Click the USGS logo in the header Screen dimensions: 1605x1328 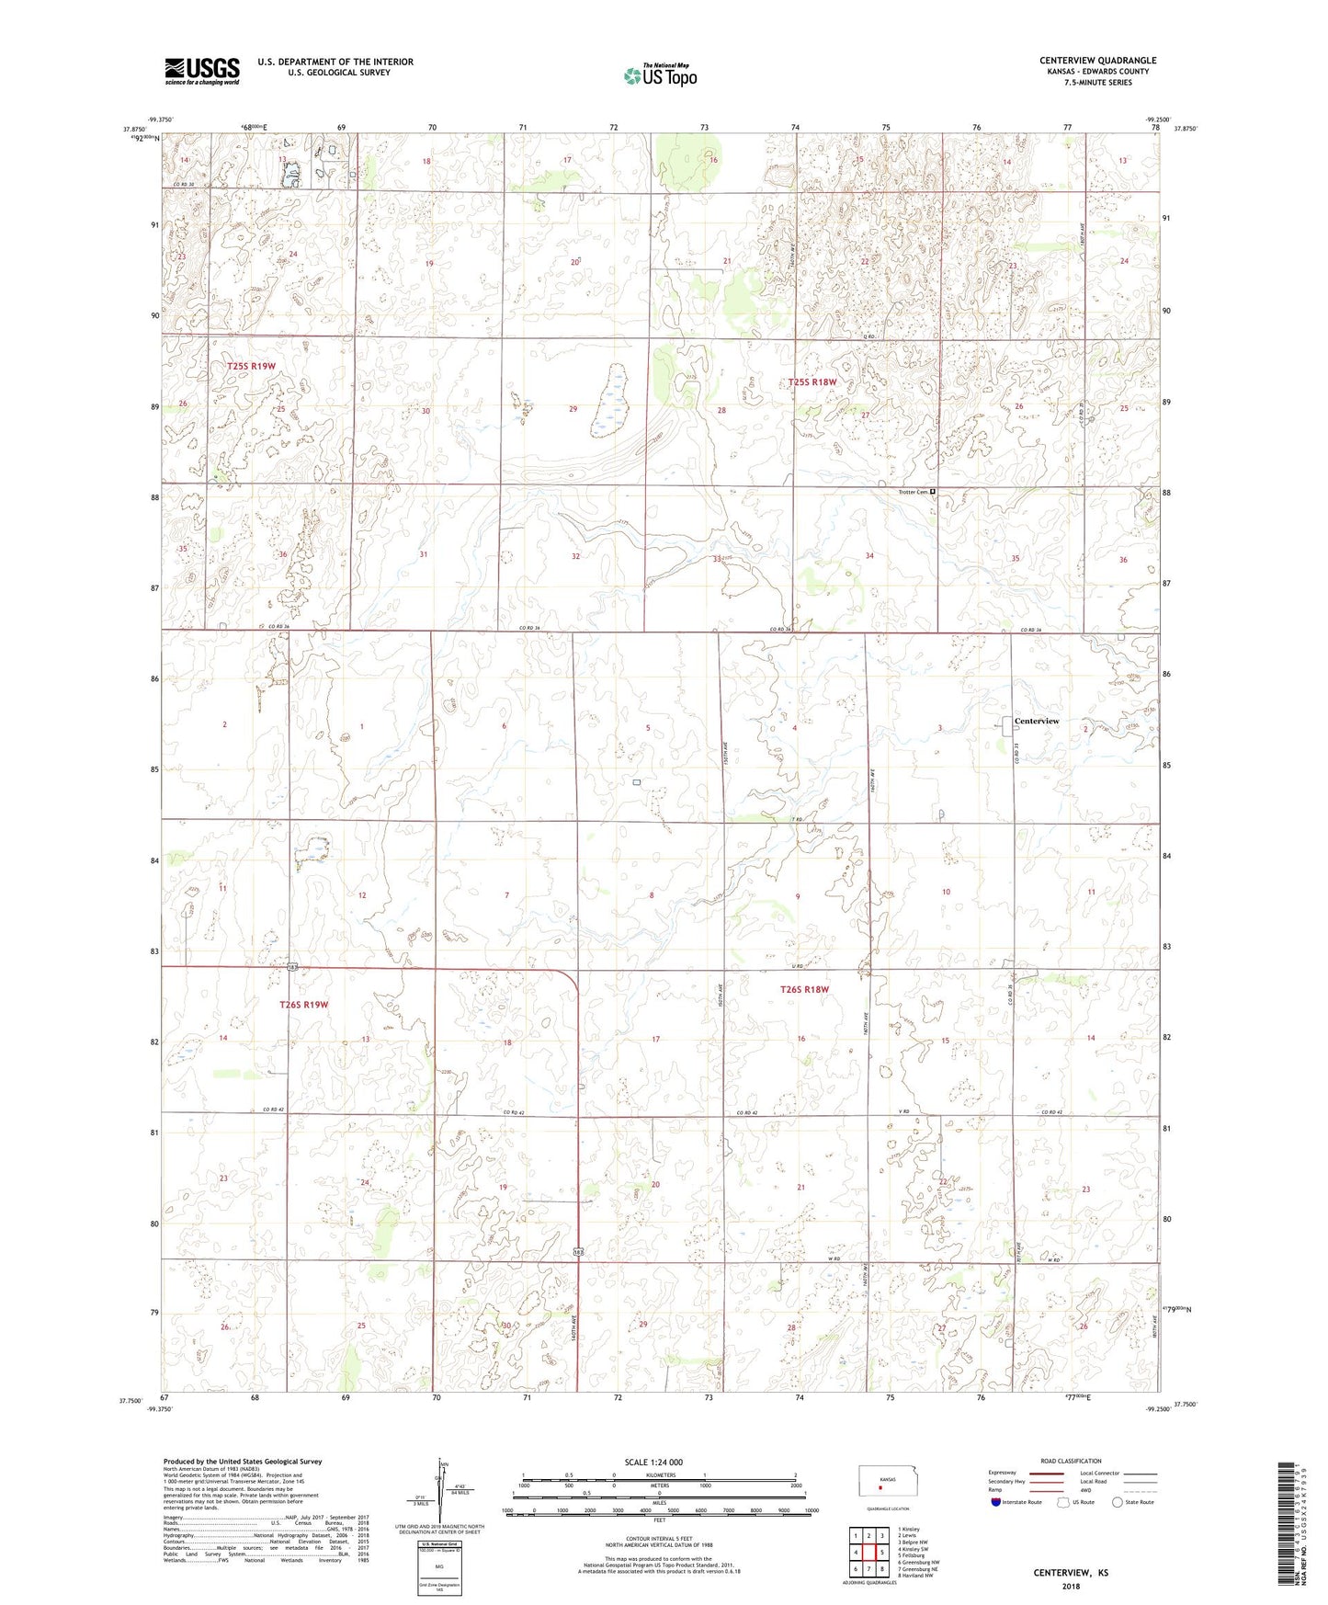[202, 71]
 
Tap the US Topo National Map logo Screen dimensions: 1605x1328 [660, 75]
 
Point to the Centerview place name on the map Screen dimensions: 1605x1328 [1036, 721]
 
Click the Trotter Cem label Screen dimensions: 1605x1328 [912, 492]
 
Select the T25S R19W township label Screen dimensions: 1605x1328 [251, 366]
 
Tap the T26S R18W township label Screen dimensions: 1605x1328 [804, 989]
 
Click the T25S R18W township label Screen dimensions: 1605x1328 [812, 381]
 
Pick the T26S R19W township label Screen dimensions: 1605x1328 [303, 1005]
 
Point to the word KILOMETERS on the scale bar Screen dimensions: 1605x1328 [658, 1474]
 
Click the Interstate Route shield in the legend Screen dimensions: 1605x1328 [996, 1502]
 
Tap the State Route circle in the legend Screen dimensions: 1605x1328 [1117, 1502]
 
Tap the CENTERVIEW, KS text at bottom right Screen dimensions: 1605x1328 [1070, 1573]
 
